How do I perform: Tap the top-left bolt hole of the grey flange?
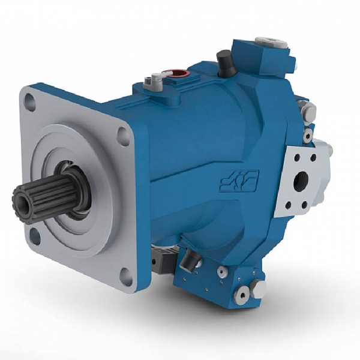(x=31, y=103)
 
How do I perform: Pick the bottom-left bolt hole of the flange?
(x=35, y=236)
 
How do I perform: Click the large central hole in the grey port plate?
(x=301, y=181)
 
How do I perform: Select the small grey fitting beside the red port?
(x=157, y=77)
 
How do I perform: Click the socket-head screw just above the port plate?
(x=307, y=136)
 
